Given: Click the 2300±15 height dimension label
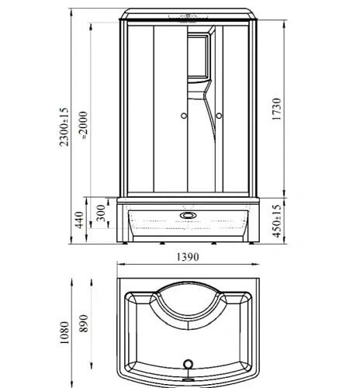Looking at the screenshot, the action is [64, 127].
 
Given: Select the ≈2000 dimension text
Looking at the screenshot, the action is [85, 126].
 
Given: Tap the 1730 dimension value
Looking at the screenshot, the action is [276, 109].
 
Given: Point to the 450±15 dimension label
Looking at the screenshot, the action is [276, 221].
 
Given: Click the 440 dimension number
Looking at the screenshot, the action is [80, 220].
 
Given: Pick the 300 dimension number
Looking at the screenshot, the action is [101, 213].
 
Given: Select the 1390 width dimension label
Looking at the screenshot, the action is [188, 257].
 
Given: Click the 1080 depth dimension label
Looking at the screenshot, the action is [64, 333].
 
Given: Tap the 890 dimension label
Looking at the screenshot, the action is [84, 324].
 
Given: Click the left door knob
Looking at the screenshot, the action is [184, 116].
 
